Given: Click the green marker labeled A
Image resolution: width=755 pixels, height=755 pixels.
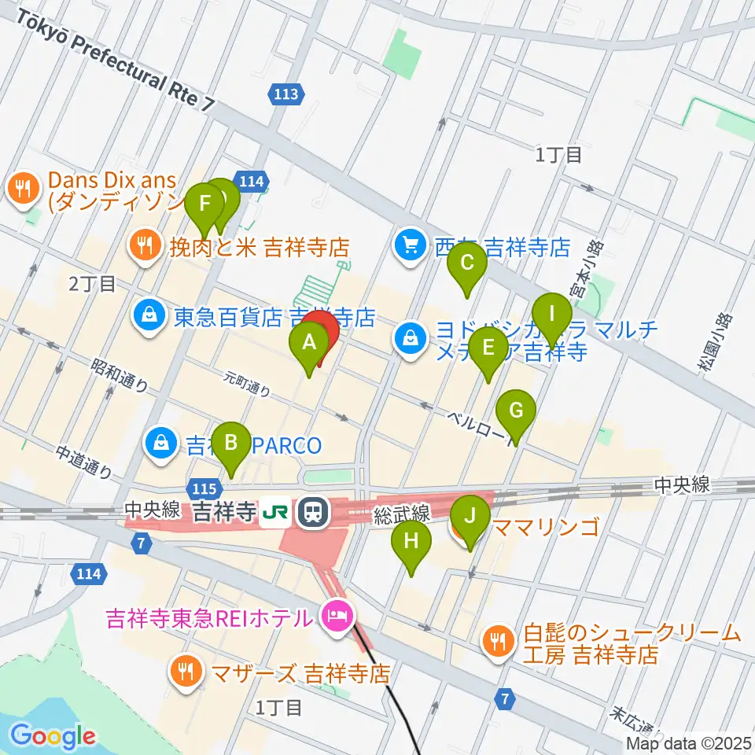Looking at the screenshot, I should pos(308,343).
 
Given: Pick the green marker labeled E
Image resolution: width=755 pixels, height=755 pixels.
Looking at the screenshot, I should pos(488,348).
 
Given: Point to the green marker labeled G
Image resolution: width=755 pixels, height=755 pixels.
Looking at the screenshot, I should pos(516,411).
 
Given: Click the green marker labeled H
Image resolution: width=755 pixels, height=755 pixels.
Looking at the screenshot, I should pos(411,542).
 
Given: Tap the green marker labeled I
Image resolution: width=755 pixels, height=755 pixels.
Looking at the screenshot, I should pos(551,314).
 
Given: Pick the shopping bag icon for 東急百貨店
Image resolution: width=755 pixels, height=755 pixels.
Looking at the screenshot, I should pos(149,317).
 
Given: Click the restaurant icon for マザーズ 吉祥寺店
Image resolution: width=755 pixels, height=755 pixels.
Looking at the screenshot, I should pos(186,672).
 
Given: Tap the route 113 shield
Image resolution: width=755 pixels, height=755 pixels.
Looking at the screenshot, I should pos(286,95).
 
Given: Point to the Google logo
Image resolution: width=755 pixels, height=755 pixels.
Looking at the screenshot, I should pos(53,737).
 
